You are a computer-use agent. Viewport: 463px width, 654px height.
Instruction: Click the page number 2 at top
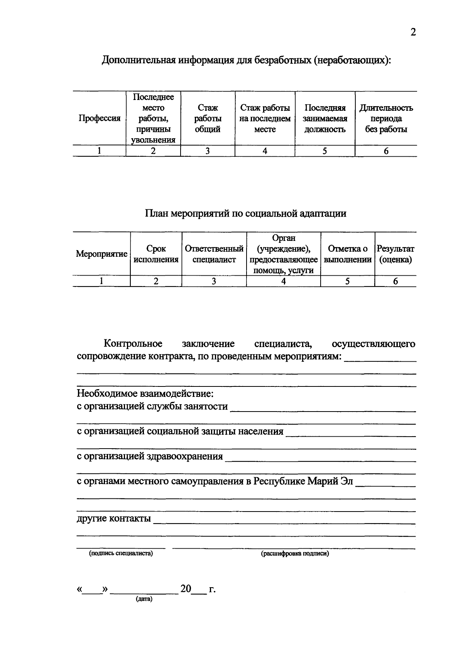coord(413,32)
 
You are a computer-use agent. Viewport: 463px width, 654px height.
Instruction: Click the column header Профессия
coord(100,119)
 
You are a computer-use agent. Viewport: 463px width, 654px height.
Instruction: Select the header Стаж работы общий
coord(208,119)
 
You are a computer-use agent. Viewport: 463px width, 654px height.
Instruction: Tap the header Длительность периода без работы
coord(386,119)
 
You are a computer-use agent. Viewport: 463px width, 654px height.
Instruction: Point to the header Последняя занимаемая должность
coord(325,119)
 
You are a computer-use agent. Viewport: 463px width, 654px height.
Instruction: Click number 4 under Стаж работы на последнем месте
coord(265,151)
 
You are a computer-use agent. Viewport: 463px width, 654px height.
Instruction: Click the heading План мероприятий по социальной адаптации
coord(245,213)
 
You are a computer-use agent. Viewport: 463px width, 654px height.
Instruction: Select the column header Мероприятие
coord(101,254)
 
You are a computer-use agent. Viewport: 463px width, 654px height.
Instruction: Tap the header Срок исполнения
coord(156,254)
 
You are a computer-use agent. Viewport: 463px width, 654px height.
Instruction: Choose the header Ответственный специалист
coord(214,254)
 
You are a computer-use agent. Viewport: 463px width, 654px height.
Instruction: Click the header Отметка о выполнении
coord(347,254)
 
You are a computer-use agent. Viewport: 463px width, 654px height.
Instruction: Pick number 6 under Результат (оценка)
coord(395,281)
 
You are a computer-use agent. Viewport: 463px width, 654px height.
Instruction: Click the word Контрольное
coord(133,344)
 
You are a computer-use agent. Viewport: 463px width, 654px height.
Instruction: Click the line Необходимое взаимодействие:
coord(145,394)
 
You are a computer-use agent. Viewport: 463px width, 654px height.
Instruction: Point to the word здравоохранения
coord(185,456)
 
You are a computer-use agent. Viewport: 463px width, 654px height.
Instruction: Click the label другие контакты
coord(113,518)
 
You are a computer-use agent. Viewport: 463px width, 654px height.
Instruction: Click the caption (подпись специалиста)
coord(121,554)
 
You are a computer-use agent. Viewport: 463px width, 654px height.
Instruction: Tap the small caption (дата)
coord(144,599)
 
